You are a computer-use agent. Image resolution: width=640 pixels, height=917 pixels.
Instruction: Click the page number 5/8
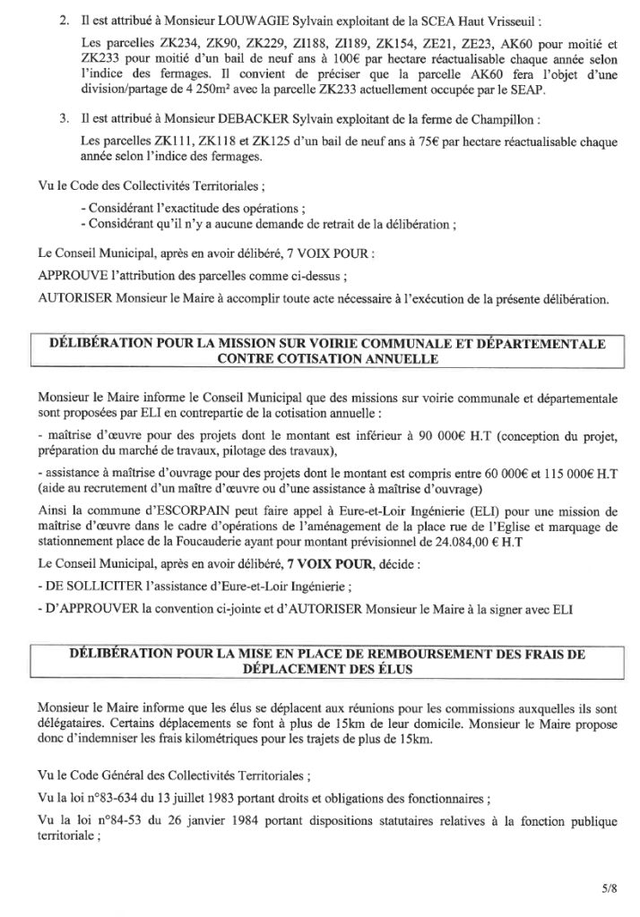[x=610, y=866]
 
